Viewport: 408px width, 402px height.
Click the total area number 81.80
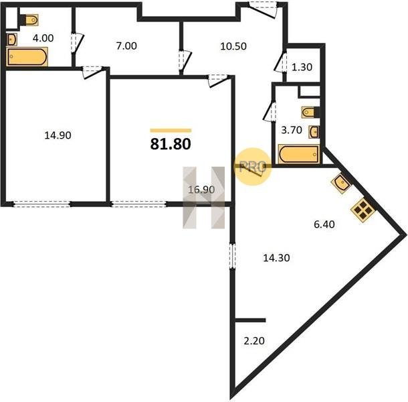click(x=171, y=144)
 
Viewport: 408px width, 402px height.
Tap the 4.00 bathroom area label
click(x=43, y=38)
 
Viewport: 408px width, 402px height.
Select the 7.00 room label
click(x=126, y=46)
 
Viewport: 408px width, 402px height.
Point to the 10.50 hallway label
click(x=233, y=46)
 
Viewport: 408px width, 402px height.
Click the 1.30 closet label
click(x=302, y=67)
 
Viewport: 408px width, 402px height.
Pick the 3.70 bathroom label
click(x=292, y=130)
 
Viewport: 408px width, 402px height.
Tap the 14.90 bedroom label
click(x=58, y=135)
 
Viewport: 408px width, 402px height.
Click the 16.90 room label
click(x=201, y=190)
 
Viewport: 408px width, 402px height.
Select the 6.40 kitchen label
click(x=324, y=224)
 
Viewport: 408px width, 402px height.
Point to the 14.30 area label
click(x=277, y=258)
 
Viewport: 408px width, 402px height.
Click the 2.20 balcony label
click(x=254, y=341)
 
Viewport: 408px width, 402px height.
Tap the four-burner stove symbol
click(x=363, y=210)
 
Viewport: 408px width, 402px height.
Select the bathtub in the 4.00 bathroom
click(x=27, y=56)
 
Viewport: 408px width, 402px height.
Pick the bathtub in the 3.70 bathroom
click(x=299, y=154)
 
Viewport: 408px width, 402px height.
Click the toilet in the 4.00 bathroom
click(x=29, y=20)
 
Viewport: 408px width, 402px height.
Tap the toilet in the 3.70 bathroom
click(x=310, y=112)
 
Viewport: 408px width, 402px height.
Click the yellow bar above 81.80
click(x=171, y=131)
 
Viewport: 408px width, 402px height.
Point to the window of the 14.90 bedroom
click(x=41, y=204)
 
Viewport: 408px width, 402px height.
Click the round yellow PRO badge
click(x=252, y=166)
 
